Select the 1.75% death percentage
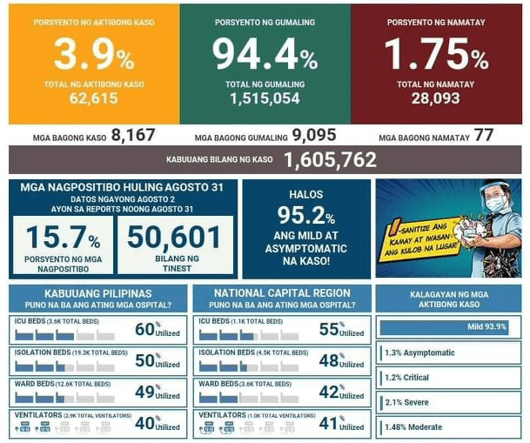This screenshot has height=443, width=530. point(436,54)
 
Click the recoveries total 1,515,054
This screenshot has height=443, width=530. point(265,98)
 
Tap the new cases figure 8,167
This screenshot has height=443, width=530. point(133,136)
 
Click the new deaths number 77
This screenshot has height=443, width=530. point(484,136)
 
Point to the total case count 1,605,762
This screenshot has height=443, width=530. point(330,160)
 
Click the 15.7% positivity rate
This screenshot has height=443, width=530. point(63,237)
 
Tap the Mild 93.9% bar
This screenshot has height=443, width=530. point(445,327)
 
